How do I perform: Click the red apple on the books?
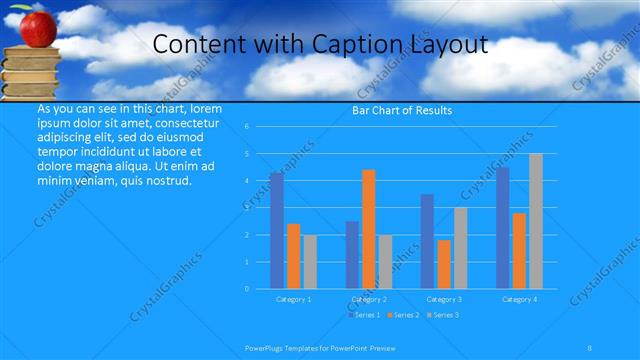tap(37, 29)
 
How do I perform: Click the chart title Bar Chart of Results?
tap(402, 110)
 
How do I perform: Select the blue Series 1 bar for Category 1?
tap(276, 231)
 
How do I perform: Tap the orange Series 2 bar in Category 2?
tap(369, 229)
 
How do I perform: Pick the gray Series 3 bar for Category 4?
tap(536, 221)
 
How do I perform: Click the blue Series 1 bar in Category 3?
tap(427, 241)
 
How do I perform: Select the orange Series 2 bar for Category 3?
tap(444, 264)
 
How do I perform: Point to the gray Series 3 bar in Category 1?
tap(310, 262)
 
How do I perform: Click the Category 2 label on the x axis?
tap(369, 299)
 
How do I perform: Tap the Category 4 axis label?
tap(519, 299)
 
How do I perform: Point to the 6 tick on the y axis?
tap(260, 127)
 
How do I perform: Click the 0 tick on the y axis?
tap(260, 289)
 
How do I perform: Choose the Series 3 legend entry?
tap(443, 315)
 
